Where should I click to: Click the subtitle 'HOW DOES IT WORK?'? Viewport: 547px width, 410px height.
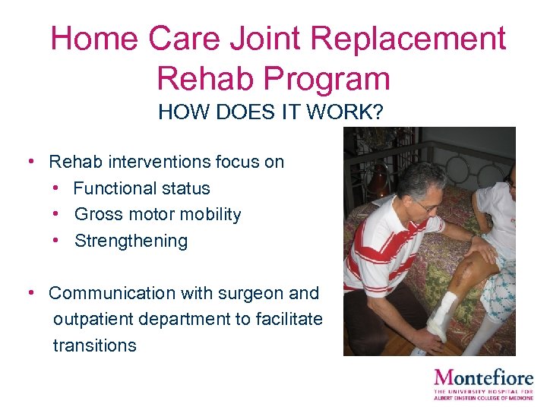(x=270, y=113)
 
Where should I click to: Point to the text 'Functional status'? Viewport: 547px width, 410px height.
(x=142, y=188)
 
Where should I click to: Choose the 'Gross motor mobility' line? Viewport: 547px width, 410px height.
(x=157, y=215)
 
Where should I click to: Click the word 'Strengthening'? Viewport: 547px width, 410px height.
(x=131, y=241)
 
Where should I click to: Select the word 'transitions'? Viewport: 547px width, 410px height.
(x=95, y=345)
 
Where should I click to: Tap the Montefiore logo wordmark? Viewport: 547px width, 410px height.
(x=484, y=378)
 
